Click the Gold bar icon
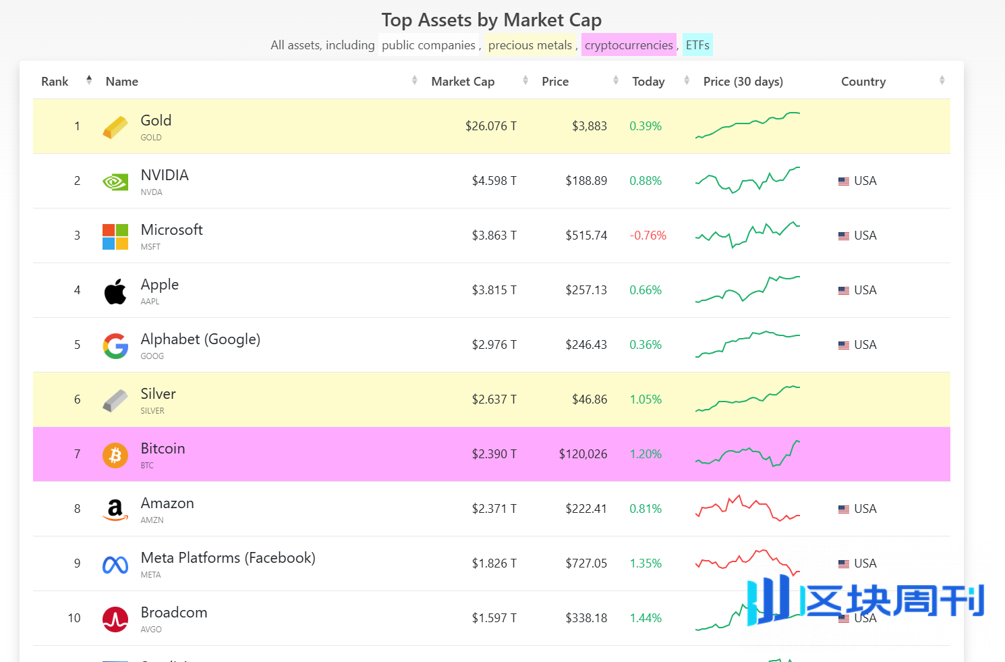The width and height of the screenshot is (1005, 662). tap(115, 127)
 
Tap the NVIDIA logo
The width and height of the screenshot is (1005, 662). tap(115, 182)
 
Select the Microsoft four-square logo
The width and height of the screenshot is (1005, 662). tap(115, 236)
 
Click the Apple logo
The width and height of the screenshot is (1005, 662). tap(115, 291)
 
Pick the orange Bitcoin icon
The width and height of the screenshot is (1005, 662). tap(115, 455)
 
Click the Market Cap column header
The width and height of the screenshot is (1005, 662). tap(463, 82)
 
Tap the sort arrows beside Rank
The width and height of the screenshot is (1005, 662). tap(89, 80)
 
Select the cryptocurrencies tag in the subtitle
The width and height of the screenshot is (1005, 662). tap(629, 45)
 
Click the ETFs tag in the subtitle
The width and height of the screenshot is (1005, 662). tap(697, 45)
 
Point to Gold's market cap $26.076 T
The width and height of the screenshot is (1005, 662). tap(490, 126)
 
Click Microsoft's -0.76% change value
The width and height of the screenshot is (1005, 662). tap(648, 236)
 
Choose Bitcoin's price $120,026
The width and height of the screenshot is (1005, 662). tap(583, 454)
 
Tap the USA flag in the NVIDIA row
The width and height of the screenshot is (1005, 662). tap(844, 182)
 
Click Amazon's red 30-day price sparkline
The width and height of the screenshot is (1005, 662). tap(747, 508)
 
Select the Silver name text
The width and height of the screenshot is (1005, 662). tap(158, 394)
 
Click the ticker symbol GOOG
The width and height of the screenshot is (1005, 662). tap(152, 356)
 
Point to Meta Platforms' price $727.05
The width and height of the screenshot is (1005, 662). tap(586, 563)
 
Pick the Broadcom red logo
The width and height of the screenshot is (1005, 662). tap(115, 619)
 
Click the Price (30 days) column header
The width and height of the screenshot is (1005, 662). tap(743, 82)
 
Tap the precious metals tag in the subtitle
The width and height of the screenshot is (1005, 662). tap(530, 45)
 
